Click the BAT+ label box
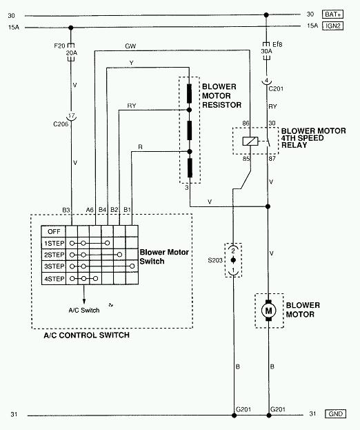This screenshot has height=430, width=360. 332,14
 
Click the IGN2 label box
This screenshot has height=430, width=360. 332,26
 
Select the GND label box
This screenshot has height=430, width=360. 335,414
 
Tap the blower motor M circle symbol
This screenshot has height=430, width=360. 269,311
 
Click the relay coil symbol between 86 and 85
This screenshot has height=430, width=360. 250,141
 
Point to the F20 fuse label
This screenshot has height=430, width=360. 59,46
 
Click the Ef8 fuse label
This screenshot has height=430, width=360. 277,44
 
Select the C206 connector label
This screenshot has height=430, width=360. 61,124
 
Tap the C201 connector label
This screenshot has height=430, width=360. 276,88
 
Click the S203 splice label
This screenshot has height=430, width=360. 215,260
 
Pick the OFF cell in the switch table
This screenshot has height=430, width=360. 54,231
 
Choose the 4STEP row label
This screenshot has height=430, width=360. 54,279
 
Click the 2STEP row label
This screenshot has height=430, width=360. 54,255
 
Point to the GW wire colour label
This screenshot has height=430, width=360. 130,46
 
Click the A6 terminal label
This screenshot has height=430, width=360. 90,210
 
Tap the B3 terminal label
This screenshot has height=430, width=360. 66,210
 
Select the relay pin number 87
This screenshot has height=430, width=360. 272,159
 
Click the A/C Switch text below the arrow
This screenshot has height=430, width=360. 84,310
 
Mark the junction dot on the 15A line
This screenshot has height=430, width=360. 70,28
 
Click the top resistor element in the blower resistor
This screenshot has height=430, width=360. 189,93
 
